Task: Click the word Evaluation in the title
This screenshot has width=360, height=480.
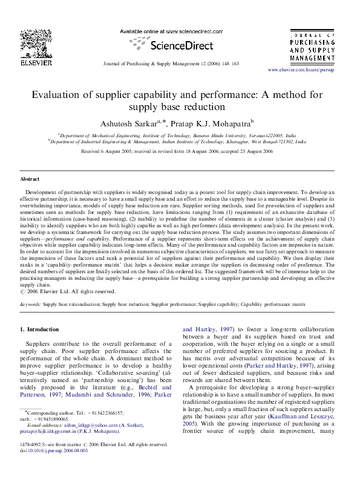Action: pos(58,95)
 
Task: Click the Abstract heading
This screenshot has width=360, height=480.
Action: pos(30,180)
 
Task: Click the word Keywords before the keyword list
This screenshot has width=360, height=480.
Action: pos(30,305)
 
